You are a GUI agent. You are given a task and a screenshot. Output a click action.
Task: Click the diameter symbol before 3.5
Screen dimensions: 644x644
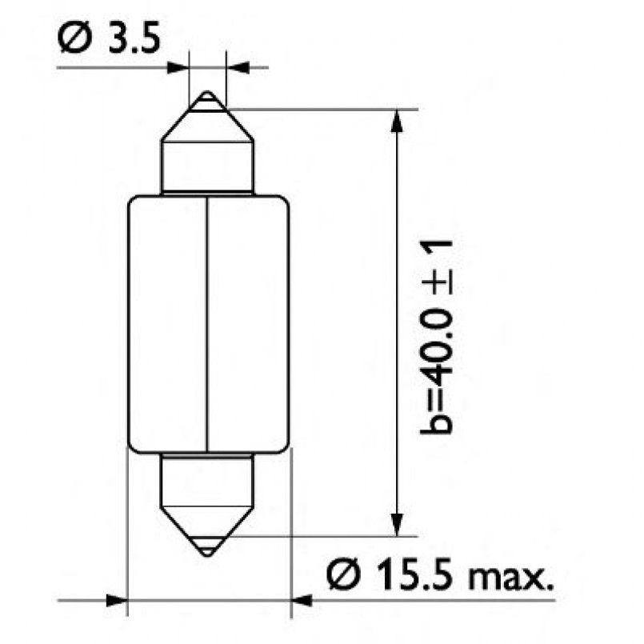pyautogui.click(x=70, y=38)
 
